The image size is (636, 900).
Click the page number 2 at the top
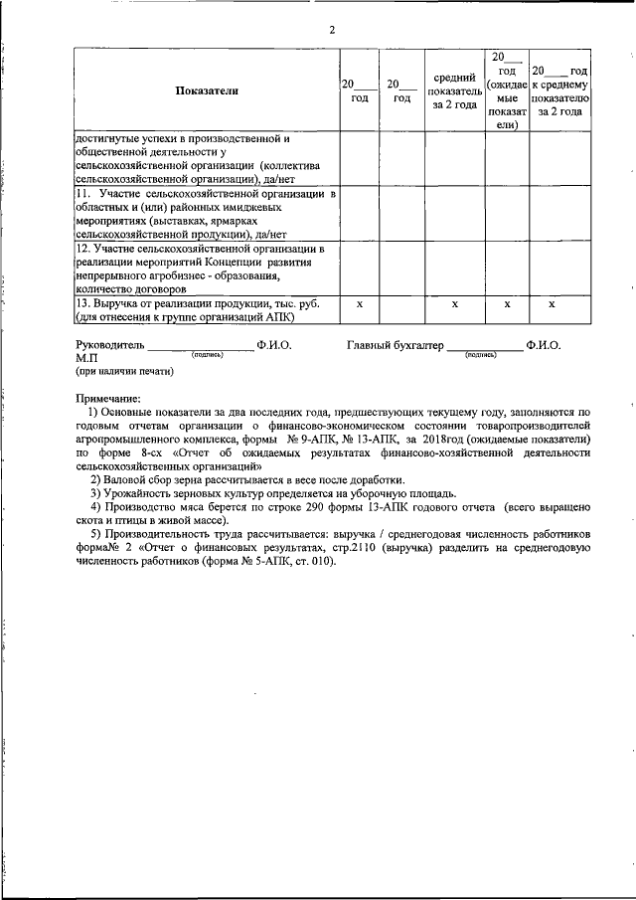coord(332,29)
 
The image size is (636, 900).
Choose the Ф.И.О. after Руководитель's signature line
coord(273,345)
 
